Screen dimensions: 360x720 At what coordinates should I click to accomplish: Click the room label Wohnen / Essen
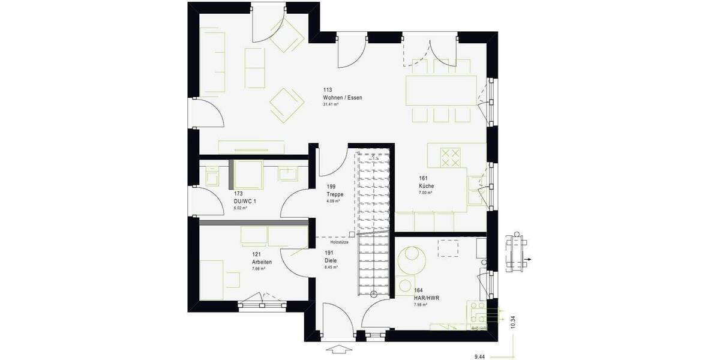(343, 97)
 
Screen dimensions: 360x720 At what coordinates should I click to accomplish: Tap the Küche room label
(426, 186)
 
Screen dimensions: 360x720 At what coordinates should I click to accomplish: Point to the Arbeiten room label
(262, 262)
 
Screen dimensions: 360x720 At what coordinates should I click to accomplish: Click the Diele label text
(330, 261)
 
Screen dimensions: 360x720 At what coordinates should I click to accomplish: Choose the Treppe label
(335, 194)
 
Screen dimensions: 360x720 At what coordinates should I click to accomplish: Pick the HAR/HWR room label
(424, 298)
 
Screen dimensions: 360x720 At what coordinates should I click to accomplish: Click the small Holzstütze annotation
(335, 242)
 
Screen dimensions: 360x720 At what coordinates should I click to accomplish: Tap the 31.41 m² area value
(331, 104)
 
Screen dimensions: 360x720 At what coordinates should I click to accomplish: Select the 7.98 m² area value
(420, 305)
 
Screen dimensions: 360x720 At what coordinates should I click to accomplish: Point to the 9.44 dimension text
(479, 356)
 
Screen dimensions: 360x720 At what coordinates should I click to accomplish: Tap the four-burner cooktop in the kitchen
(450, 158)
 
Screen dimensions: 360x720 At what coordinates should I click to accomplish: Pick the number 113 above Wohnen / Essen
(327, 90)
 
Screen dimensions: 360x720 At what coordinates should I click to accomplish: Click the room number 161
(423, 178)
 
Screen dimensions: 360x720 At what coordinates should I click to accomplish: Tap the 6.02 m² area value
(240, 208)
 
